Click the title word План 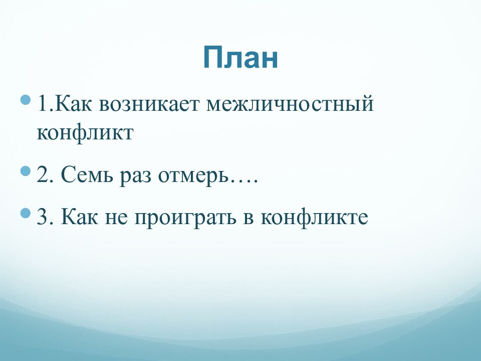pos(241,57)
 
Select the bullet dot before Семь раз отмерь pos(25,171)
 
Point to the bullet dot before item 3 pos(25,213)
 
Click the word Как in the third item pos(83,218)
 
